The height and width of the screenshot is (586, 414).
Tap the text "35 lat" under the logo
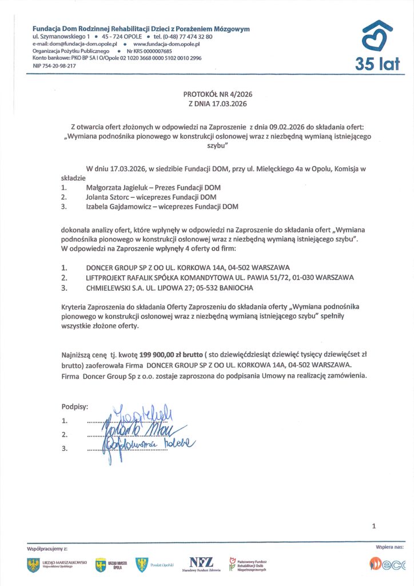click(377, 65)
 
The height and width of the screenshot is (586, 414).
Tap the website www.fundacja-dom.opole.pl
click(166, 43)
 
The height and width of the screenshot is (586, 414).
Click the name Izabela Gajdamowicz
click(121, 207)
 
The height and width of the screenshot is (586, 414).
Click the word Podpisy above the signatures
click(74, 406)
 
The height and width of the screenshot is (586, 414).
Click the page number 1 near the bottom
click(374, 525)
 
